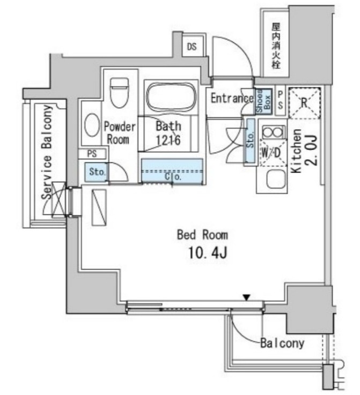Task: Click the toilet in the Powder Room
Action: (119, 92)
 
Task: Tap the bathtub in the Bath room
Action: (172, 96)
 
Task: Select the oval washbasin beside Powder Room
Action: (92, 125)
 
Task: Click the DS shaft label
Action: (192, 47)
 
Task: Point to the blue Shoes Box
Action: (263, 102)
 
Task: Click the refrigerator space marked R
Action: (305, 102)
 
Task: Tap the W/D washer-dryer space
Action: (273, 152)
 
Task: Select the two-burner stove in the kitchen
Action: (273, 132)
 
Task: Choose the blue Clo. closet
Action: (172, 172)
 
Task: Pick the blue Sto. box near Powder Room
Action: (96, 172)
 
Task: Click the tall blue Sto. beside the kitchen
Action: (251, 141)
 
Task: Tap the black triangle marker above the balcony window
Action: (247, 298)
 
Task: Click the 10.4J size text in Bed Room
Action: (208, 252)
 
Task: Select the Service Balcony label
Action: (47, 152)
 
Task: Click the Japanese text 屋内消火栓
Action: (276, 46)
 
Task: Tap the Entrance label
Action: (232, 98)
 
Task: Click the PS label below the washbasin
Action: (92, 154)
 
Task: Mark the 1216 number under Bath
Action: (168, 140)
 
